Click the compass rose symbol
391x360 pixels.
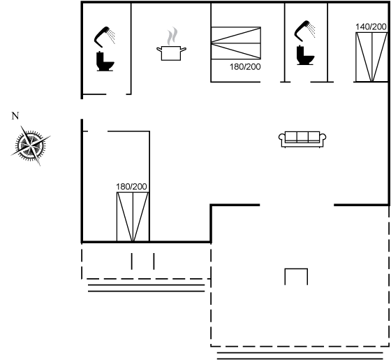(x=31, y=145)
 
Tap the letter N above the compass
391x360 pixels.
(x=15, y=116)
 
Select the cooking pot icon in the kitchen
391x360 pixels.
(x=171, y=53)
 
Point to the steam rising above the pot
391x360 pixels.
(x=172, y=36)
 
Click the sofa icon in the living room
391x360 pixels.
(x=302, y=139)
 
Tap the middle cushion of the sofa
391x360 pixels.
(x=302, y=137)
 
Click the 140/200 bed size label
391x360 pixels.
(x=371, y=27)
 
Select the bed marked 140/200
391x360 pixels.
(x=371, y=57)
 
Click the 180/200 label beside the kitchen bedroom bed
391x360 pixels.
(x=245, y=66)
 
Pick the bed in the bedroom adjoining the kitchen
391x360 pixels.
(x=236, y=43)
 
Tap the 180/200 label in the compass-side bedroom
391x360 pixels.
(x=131, y=187)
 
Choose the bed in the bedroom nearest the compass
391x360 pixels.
(x=133, y=217)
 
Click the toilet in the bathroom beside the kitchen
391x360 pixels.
(x=105, y=62)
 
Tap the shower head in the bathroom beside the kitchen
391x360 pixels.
(x=104, y=36)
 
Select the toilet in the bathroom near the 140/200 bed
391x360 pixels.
(x=305, y=55)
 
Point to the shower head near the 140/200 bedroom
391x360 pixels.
(x=304, y=31)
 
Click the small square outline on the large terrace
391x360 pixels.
(x=296, y=269)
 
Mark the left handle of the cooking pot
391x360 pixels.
(x=159, y=50)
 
